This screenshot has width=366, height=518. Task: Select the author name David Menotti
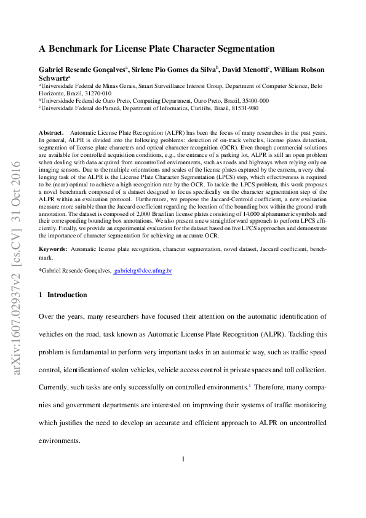[x=245, y=70]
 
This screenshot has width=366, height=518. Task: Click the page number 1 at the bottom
[x=183, y=459]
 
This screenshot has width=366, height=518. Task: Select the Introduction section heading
[x=67, y=295]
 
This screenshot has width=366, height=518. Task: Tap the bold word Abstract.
[x=51, y=133]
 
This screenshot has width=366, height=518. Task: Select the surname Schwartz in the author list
[x=54, y=79]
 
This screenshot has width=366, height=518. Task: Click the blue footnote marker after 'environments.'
[x=249, y=386]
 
